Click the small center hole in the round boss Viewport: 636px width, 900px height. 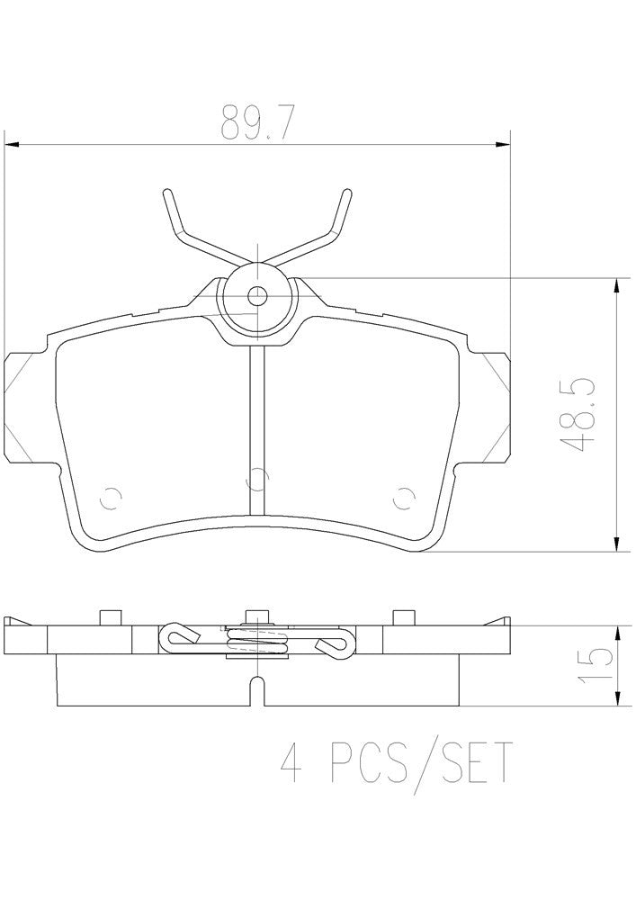coord(258,293)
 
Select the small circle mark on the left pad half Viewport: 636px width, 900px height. coord(112,496)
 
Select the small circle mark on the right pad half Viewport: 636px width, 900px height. coord(404,496)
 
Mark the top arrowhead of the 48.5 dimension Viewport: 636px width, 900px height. coord(617,284)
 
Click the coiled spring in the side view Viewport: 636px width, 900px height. coord(258,642)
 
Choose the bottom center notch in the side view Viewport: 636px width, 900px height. coord(258,694)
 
